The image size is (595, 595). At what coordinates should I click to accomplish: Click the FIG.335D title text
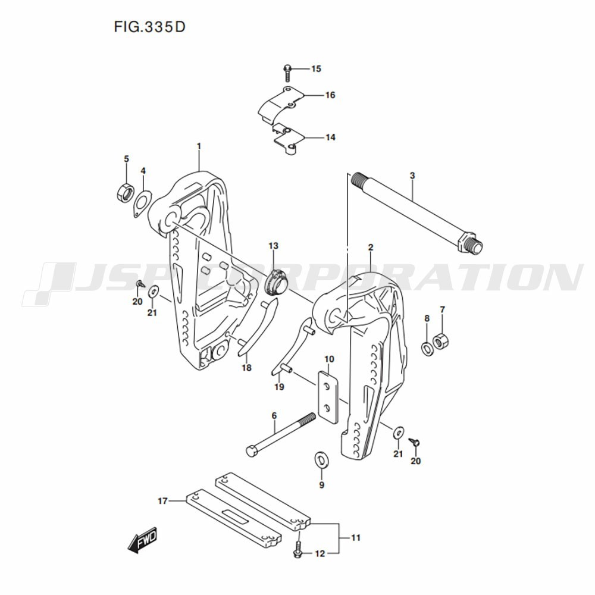coord(145,27)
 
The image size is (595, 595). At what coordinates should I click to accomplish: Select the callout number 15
coord(315,69)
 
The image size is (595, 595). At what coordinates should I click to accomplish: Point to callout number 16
coord(330,95)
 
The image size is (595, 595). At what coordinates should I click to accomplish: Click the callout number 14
coord(330,137)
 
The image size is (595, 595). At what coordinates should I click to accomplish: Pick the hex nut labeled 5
coord(125,193)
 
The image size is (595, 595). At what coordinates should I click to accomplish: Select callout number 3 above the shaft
coord(412,176)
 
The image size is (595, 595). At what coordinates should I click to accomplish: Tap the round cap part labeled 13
coord(275,281)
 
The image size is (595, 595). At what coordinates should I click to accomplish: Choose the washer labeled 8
coord(427,348)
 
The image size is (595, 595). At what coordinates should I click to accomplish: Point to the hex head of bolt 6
coord(252,450)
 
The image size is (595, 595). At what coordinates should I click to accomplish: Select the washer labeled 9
coord(321,459)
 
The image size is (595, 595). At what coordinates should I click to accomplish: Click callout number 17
coord(162,501)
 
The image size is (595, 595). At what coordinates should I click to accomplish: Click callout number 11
coord(356,538)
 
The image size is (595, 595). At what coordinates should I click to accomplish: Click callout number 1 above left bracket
coord(199,146)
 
